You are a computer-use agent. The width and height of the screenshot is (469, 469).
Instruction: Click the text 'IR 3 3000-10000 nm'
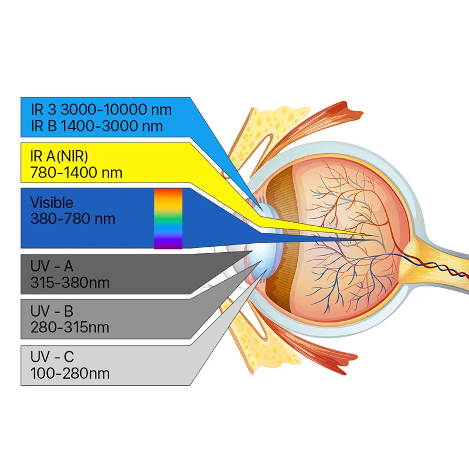[101, 110]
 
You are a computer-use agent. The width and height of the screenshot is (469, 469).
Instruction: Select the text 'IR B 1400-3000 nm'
[97, 125]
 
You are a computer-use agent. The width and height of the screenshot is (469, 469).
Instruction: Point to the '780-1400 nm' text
[76, 172]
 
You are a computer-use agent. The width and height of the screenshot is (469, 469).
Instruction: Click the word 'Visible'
[52, 203]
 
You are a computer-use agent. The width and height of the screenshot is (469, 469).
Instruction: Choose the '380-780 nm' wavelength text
[73, 219]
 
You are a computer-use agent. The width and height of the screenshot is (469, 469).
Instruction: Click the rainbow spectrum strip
[168, 219]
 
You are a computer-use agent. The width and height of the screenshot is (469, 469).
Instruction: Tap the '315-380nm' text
[70, 283]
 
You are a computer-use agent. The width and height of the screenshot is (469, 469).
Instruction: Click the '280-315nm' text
[70, 327]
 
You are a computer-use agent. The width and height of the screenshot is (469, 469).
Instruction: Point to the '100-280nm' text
[70, 373]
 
